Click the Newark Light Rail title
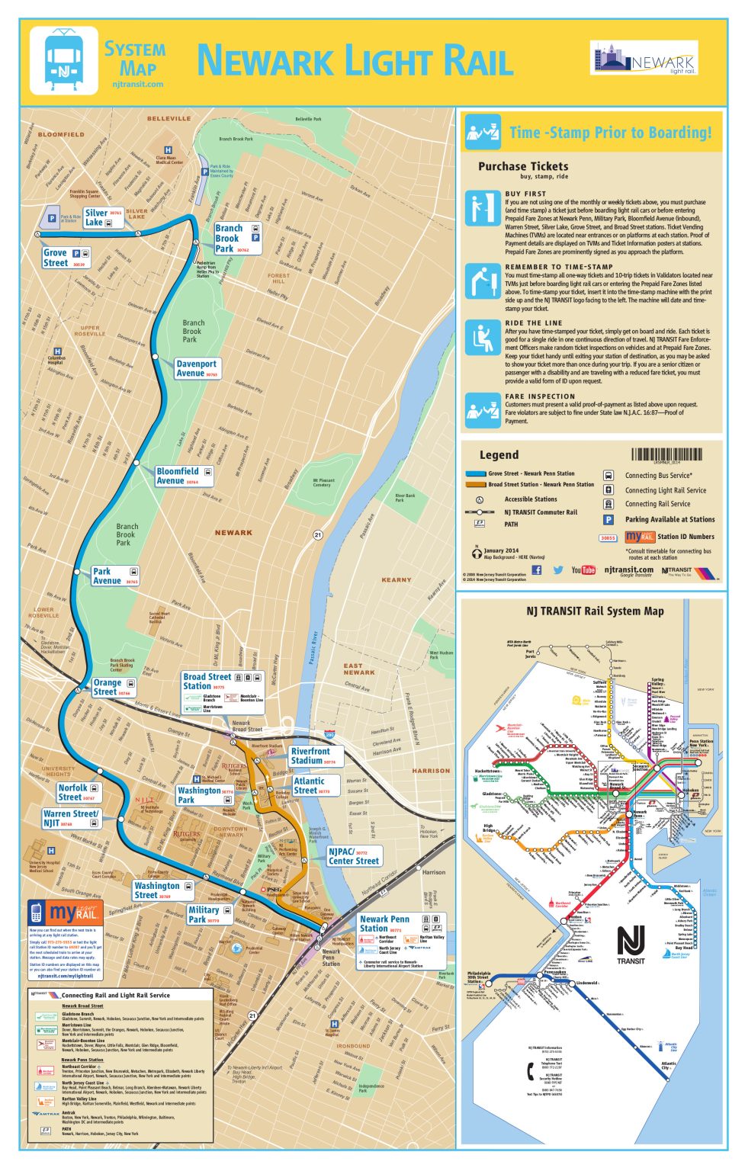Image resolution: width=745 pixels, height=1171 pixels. pyautogui.click(x=355, y=61)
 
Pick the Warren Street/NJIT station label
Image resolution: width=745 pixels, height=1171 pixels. pyautogui.click(x=71, y=818)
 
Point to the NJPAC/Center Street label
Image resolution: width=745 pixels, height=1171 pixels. pyautogui.click(x=353, y=855)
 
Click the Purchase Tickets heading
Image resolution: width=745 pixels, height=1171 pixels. pyautogui.click(x=523, y=166)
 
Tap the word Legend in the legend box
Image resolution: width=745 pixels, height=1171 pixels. pyautogui.click(x=499, y=454)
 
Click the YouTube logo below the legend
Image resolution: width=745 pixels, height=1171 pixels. pyautogui.click(x=583, y=569)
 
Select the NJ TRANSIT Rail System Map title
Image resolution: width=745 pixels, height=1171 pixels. pyautogui.click(x=595, y=611)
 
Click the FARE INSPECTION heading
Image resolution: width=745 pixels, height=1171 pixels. pyautogui.click(x=540, y=396)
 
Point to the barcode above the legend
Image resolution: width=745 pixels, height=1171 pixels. pyautogui.click(x=666, y=454)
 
